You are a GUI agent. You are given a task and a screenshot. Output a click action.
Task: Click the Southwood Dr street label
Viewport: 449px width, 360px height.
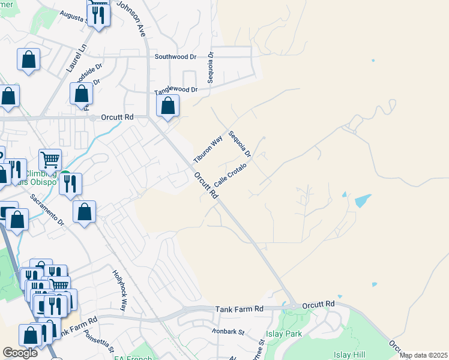pos(175,57)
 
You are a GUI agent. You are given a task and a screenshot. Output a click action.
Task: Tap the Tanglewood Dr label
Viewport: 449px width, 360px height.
pos(176,90)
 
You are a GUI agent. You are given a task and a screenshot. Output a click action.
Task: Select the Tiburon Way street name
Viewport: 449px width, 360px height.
pos(208,149)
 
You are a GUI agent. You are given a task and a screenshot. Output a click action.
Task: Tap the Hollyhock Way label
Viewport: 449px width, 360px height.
pos(120,290)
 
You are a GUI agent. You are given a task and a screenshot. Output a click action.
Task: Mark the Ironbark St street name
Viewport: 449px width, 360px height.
pos(228,331)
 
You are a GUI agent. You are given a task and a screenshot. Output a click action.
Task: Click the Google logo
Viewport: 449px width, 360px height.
pos(20,353)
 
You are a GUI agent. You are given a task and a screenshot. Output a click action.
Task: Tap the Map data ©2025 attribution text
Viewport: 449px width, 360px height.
pos(423,355)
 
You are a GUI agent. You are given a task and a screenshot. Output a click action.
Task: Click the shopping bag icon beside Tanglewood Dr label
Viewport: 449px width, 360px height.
pos(169,106)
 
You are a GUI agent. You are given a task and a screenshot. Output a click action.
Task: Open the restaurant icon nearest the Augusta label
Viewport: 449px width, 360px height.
pos(98,14)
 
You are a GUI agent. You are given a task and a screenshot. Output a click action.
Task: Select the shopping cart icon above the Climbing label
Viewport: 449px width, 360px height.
pos(50,159)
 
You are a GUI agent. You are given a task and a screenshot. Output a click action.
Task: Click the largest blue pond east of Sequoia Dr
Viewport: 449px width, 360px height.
pos(363,200)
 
